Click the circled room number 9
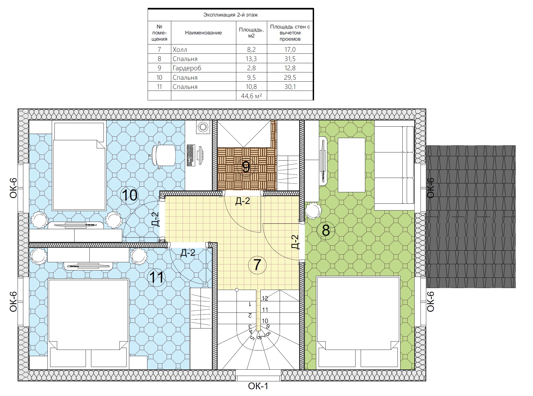pyautogui.click(x=246, y=167)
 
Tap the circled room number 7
pyautogui.click(x=257, y=265)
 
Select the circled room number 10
pyautogui.click(x=130, y=195)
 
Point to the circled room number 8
pyautogui.click(x=326, y=231)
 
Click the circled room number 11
pyautogui.click(x=156, y=277)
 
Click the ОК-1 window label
pyautogui.click(x=258, y=386)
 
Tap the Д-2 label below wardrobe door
pyautogui.click(x=243, y=201)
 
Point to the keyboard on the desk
pyautogui.click(x=191, y=155)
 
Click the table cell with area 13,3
pyautogui.click(x=251, y=59)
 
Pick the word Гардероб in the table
pyautogui.click(x=187, y=68)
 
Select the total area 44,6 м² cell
pyautogui.click(x=251, y=96)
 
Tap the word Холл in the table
pyautogui.click(x=180, y=50)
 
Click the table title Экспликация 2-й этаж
pyautogui.click(x=231, y=15)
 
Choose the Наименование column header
pyautogui.click(x=203, y=33)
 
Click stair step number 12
pyautogui.click(x=265, y=299)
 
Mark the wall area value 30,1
pyautogui.click(x=290, y=87)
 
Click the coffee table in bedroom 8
pyautogui.click(x=351, y=165)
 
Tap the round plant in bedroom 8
pyautogui.click(x=313, y=211)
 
